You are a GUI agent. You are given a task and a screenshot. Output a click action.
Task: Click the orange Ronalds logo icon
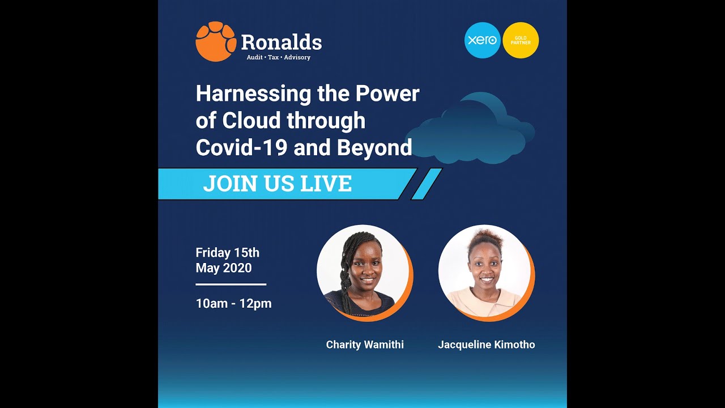point(215,41)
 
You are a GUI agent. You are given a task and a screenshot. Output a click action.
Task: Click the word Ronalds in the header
point(281,42)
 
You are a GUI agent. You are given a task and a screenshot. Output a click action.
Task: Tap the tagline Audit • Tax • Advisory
point(278,57)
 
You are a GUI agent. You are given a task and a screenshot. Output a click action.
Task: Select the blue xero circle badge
point(482,40)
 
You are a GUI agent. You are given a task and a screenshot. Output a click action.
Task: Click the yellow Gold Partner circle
point(521,40)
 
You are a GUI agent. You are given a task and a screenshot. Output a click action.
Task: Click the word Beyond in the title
point(374,147)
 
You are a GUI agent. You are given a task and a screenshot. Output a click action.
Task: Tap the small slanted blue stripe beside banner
point(426,184)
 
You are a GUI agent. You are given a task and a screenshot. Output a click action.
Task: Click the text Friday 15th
point(227,253)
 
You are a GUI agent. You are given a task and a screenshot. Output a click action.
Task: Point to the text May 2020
point(224,267)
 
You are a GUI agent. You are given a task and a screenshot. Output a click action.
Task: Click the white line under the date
point(231,284)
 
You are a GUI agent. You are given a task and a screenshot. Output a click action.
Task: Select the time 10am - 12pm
point(233,303)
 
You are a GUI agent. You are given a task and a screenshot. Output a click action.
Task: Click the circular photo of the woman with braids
point(363,272)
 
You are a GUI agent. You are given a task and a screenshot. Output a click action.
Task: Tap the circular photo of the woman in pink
point(485,272)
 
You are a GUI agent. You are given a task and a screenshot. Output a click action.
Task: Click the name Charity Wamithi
point(365,345)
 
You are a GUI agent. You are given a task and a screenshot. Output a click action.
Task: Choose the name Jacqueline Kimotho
point(486,345)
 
